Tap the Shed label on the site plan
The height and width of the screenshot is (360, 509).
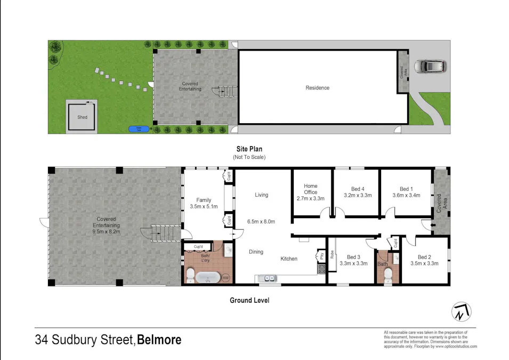tap(82, 117)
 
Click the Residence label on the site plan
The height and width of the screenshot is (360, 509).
tap(317, 87)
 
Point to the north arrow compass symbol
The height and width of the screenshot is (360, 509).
tap(462, 311)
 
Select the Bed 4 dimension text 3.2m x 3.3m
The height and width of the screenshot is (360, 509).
tap(358, 195)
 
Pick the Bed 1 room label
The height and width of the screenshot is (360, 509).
tap(406, 189)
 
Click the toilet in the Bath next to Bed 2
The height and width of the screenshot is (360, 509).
tap(388, 275)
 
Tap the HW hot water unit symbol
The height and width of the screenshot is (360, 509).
tap(225, 278)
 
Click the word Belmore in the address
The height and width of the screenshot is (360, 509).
tap(159, 340)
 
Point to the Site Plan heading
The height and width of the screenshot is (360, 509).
tap(249, 149)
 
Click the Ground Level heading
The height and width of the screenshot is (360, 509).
tap(249, 300)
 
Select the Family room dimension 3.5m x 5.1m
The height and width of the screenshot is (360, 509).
tap(204, 206)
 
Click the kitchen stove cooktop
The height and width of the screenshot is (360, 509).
tap(321, 269)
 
